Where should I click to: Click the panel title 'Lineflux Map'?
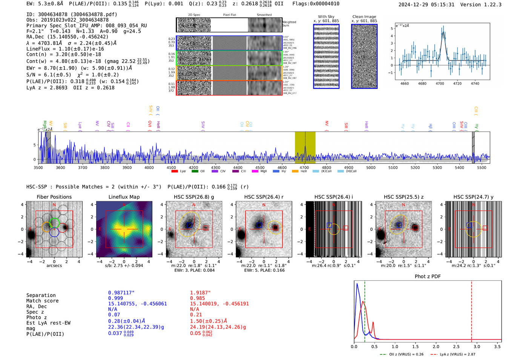(x=124, y=197)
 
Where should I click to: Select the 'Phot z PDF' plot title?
(x=428, y=277)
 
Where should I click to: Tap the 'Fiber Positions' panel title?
(x=54, y=197)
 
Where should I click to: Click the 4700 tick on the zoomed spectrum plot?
(x=440, y=83)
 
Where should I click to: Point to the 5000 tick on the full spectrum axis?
(x=371, y=167)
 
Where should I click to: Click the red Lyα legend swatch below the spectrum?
(x=175, y=172)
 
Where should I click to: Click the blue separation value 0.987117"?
(x=121, y=293)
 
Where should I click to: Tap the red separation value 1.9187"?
(x=200, y=293)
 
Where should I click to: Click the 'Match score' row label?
(x=42, y=301)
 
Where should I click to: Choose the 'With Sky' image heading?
(x=326, y=17)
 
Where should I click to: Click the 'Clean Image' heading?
(x=364, y=17)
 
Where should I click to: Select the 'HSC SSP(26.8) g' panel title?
(x=193, y=197)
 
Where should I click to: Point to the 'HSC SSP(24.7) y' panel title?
(x=473, y=197)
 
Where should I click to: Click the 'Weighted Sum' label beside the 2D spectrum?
(x=289, y=24)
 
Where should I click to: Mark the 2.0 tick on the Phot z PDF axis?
(x=436, y=346)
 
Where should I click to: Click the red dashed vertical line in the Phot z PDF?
(x=471, y=310)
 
